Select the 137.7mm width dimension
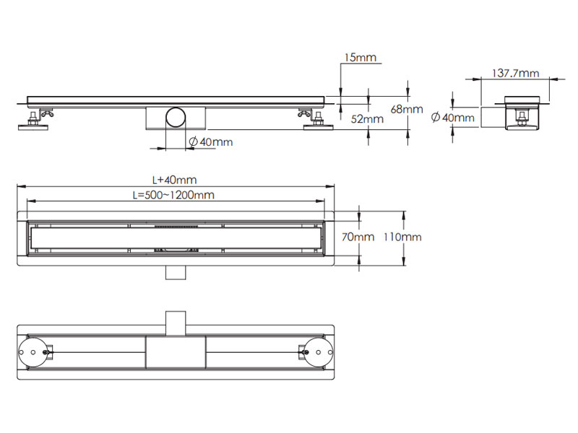click(515, 73)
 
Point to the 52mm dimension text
click(368, 119)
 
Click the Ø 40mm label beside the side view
click(452, 117)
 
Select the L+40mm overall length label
click(174, 180)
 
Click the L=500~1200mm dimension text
click(173, 195)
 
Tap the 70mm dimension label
click(359, 237)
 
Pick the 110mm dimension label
click(402, 237)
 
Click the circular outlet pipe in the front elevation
click(175, 117)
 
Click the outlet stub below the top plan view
click(175, 271)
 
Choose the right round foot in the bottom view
click(317, 353)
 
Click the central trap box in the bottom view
click(176, 353)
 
